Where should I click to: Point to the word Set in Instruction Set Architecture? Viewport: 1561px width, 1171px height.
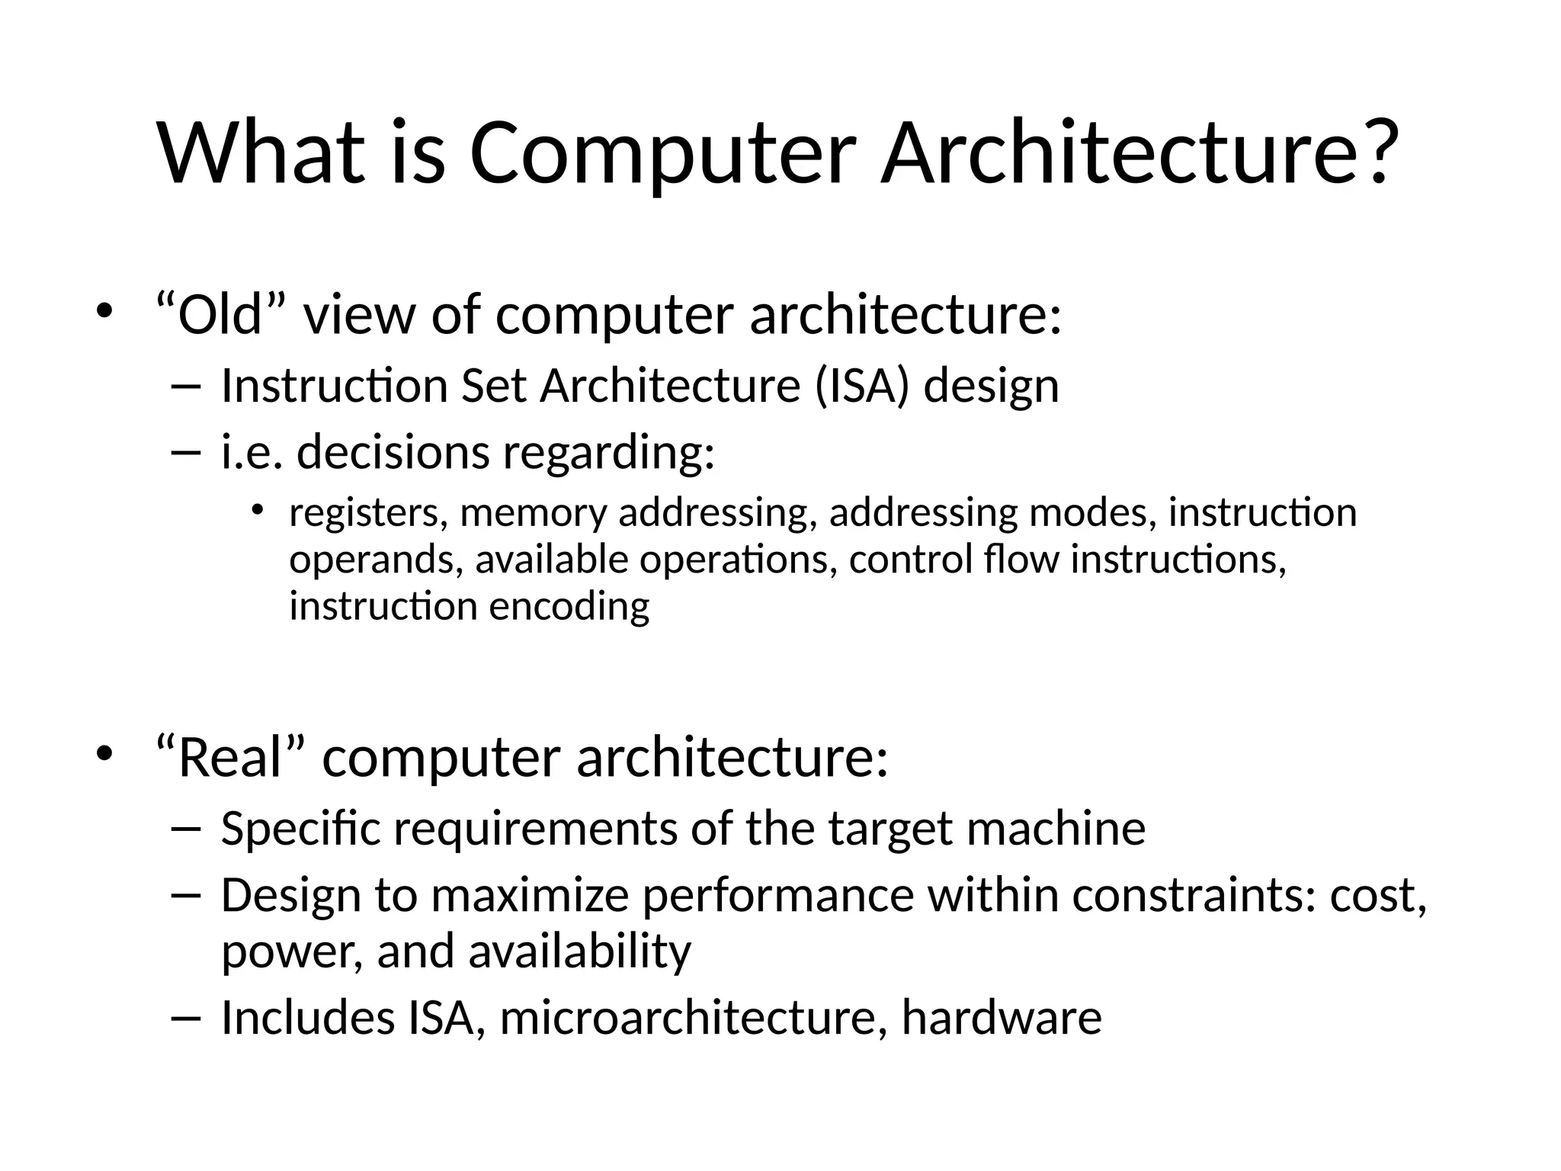point(493,385)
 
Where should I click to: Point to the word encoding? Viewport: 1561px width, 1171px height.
point(569,607)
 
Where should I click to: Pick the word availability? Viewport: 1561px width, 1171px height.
point(579,951)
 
